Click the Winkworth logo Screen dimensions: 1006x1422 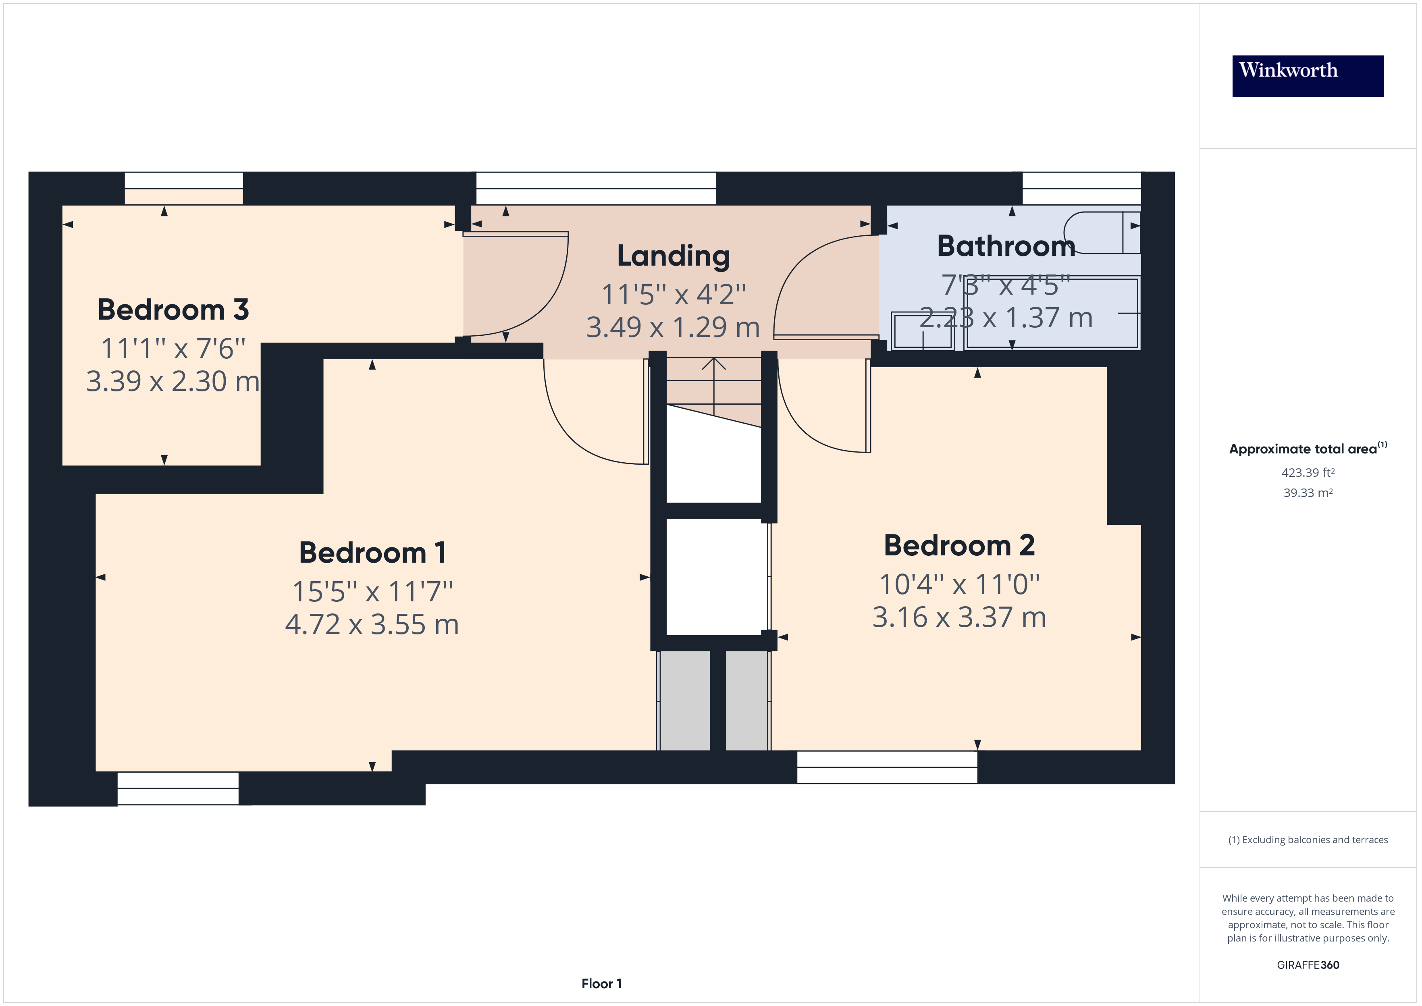(x=1308, y=76)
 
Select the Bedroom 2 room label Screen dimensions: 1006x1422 (x=959, y=545)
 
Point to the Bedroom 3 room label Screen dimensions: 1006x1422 (x=173, y=309)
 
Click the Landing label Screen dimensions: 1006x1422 (x=673, y=256)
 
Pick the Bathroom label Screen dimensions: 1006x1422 (x=1006, y=246)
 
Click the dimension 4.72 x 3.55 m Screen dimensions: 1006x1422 (x=372, y=624)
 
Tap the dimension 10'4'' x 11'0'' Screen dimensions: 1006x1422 (x=959, y=584)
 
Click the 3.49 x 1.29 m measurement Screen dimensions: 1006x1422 (x=673, y=327)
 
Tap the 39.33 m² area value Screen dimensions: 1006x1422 (x=1308, y=493)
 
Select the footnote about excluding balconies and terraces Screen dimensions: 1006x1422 (x=1308, y=840)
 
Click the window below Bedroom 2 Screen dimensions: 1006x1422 (x=886, y=767)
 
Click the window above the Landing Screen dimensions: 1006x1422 (x=595, y=188)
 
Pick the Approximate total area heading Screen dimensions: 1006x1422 (x=1308, y=449)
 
